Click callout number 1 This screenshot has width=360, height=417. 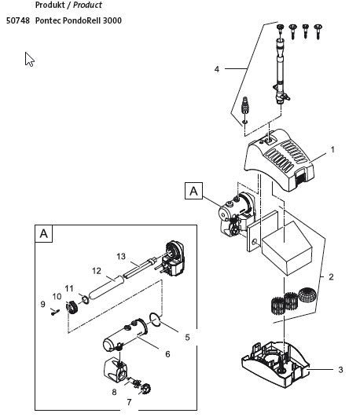click(333, 148)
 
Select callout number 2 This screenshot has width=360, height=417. click(331, 276)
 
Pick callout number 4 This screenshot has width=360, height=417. click(216, 69)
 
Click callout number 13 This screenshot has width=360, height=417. click(120, 256)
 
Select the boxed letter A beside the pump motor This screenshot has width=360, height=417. click(193, 190)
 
